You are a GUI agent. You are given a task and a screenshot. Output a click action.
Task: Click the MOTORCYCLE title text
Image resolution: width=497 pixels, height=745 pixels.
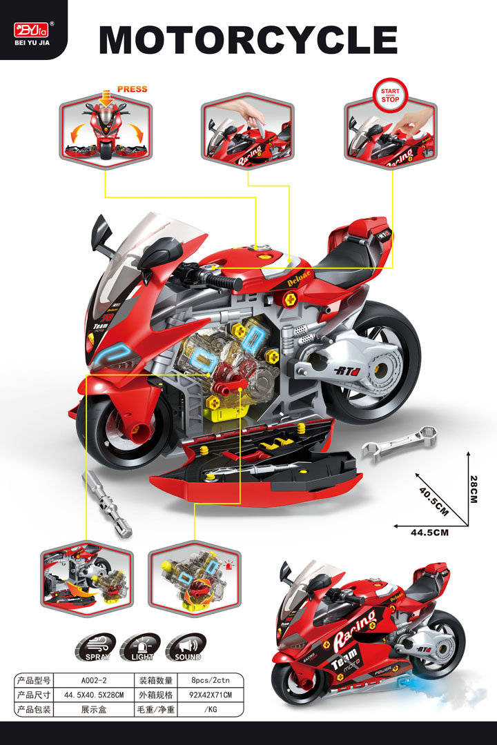pyautogui.click(x=248, y=40)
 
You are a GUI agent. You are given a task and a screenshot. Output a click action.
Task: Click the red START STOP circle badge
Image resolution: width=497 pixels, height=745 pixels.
pyautogui.click(x=390, y=95)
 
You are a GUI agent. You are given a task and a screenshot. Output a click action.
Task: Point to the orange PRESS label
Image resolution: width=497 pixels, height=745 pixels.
pyautogui.click(x=132, y=89)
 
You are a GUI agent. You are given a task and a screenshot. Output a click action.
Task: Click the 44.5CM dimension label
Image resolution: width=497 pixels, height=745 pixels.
pyautogui.click(x=429, y=533)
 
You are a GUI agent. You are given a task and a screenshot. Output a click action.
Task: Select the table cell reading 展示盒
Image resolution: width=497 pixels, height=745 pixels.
pyautogui.click(x=93, y=709)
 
